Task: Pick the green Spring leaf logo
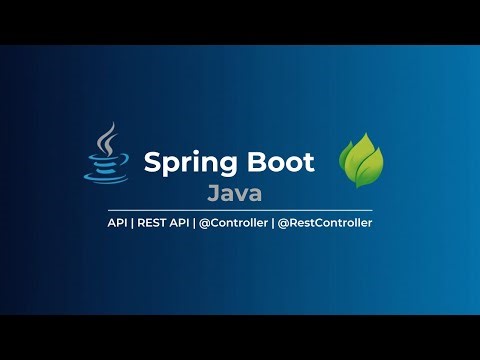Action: tap(362, 160)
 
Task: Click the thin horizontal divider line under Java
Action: tap(240, 209)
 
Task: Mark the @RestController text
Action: tap(326, 223)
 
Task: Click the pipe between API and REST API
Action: tap(134, 223)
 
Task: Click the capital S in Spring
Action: tap(152, 161)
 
